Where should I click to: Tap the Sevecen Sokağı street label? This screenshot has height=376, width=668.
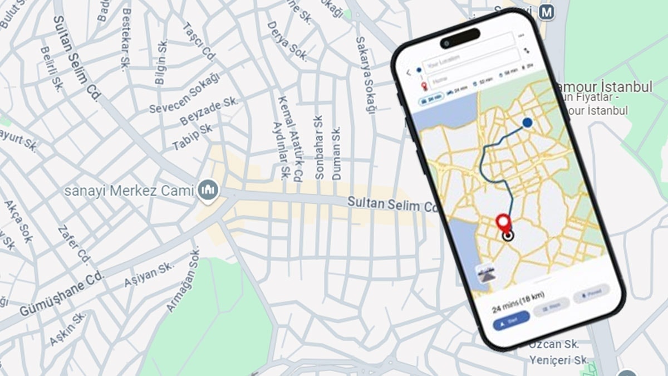point(184,92)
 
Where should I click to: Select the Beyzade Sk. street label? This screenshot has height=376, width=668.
point(209,111)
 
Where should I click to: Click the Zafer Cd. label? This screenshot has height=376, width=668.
point(73,245)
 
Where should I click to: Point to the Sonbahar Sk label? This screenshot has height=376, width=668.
point(319,147)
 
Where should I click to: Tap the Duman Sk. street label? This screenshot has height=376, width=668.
point(336,153)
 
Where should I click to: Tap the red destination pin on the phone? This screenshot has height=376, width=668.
point(504,223)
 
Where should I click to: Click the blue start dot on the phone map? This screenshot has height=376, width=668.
point(527,123)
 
